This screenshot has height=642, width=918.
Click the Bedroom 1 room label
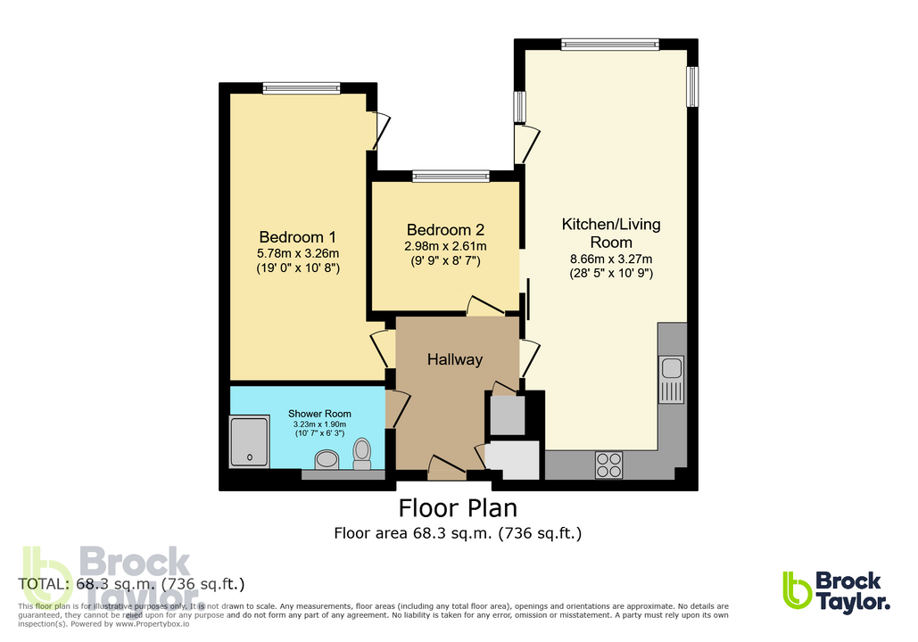(297, 237)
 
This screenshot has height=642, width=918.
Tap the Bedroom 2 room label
(442, 229)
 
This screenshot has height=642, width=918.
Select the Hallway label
(454, 359)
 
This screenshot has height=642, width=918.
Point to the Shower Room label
(318, 414)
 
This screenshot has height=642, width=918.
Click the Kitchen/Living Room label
(610, 233)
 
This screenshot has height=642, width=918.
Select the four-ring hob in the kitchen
(609, 465)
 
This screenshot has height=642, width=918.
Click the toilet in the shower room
(361, 452)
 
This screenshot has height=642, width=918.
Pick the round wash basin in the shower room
(327, 459)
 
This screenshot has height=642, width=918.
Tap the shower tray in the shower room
(250, 441)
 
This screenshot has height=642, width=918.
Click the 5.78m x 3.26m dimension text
(298, 253)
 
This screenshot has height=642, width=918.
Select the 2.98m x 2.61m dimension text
(442, 246)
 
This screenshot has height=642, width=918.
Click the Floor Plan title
(457, 508)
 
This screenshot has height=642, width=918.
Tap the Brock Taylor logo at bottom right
(836, 591)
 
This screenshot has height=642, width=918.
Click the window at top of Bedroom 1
(302, 87)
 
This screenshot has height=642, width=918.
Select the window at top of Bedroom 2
(451, 176)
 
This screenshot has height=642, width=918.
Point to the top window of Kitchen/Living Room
(609, 44)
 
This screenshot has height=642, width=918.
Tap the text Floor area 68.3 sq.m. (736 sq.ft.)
(458, 534)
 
